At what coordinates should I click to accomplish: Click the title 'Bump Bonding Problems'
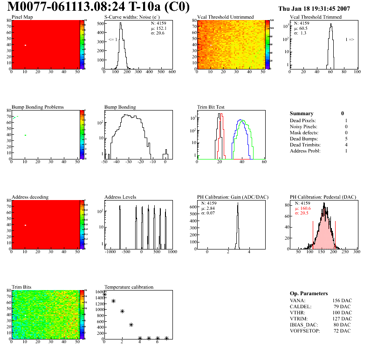pos(38,107)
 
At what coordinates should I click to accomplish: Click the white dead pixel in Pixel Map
pos(25,45)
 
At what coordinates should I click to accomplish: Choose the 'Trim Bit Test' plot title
pos(211,107)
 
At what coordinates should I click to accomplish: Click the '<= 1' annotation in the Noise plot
pos(112,40)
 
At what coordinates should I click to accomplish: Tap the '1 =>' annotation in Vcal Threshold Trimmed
pos(350,40)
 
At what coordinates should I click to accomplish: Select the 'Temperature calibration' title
pos(129,287)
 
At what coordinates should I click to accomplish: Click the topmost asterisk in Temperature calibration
pos(104,295)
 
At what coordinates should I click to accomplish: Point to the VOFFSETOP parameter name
pos(306,330)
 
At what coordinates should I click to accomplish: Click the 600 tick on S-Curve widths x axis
pos(172,72)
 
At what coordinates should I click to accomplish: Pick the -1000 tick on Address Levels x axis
pos(110,252)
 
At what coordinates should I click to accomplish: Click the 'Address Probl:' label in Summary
pos(306,151)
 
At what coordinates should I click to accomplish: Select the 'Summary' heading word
pos(302,113)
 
